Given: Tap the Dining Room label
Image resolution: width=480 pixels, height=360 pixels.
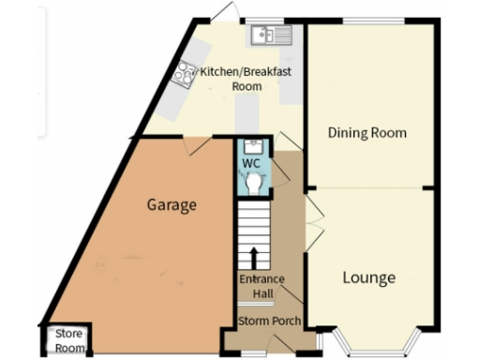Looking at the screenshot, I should pos(367,133).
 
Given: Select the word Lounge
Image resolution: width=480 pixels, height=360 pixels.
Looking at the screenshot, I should pos(367,277).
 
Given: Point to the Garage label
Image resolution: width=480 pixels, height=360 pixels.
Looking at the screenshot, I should pos(172,204).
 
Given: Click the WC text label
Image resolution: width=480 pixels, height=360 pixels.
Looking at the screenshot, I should pos(251,163).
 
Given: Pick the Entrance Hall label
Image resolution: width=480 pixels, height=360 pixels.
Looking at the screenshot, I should pos(255,287).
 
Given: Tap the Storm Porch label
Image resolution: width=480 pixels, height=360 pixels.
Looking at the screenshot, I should pos(269,322).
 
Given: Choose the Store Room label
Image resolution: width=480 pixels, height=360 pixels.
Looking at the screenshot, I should pos(67,338).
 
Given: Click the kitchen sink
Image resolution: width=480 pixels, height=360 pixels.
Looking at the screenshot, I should pos(271,35).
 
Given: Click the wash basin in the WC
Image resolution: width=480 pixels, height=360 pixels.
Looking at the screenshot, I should pos(251,146).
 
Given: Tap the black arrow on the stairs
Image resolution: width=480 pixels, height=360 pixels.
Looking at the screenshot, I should pos(253,257).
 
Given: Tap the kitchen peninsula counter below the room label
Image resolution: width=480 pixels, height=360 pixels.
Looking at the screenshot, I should pos(246,115).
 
